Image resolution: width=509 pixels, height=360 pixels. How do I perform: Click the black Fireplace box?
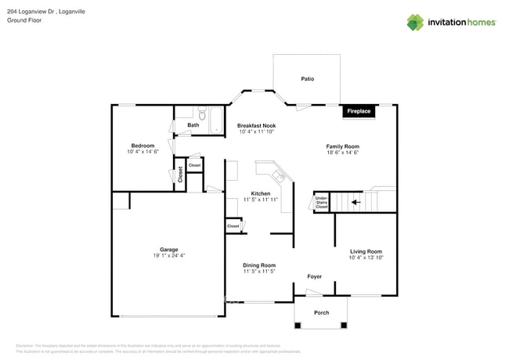(x=359, y=111)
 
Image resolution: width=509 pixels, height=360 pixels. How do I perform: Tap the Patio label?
(x=308, y=79)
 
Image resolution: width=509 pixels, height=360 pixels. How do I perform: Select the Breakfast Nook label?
(x=257, y=125)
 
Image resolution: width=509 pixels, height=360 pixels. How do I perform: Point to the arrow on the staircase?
(x=356, y=202)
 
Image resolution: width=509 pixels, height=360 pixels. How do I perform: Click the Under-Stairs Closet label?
(x=321, y=202)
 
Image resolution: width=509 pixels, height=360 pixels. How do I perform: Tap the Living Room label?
(x=365, y=251)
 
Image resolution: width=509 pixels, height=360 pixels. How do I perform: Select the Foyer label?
(x=314, y=276)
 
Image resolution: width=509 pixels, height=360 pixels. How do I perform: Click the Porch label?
(x=322, y=313)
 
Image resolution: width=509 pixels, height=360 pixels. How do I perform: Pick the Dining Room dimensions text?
(x=258, y=272)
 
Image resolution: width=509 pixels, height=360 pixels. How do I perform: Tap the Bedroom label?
(x=143, y=146)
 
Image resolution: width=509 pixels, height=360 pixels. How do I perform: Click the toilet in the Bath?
(x=201, y=111)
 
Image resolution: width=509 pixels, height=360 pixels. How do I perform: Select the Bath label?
(x=193, y=125)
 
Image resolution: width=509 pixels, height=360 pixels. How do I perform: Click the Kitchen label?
(x=260, y=193)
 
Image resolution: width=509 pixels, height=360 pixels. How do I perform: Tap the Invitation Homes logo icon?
(x=415, y=22)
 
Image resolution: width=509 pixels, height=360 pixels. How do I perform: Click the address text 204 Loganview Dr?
(x=35, y=11)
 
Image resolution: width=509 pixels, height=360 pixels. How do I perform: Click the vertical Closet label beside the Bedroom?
(x=179, y=173)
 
